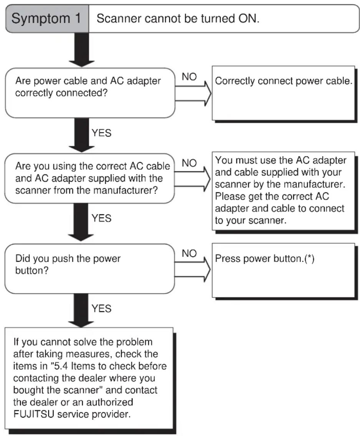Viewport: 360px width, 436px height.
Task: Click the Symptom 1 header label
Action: pos(46,18)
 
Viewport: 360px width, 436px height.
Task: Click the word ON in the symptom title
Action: pos(249,18)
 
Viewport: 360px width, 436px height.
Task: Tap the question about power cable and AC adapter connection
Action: pos(88,87)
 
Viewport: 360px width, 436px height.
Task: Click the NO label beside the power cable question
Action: pos(189,77)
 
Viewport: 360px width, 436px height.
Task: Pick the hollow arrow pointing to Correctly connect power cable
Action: pos(193,93)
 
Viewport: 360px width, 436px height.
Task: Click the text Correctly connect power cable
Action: pos(284,81)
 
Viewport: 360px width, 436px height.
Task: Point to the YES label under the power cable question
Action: pos(101,133)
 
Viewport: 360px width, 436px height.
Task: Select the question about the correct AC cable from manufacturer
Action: pos(92,178)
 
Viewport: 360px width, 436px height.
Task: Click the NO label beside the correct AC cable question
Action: pos(189,163)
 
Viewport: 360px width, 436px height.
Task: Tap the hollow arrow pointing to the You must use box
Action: pos(192,179)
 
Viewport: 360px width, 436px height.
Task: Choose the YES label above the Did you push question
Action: pos(101,218)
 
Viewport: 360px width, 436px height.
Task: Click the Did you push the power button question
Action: pos(68,264)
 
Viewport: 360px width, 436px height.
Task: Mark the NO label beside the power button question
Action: pos(189,253)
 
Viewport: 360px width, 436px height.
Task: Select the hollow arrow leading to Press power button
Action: pos(192,269)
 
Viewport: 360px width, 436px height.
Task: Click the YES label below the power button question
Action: pos(101,308)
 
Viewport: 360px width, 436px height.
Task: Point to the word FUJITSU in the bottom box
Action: pos(34,414)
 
